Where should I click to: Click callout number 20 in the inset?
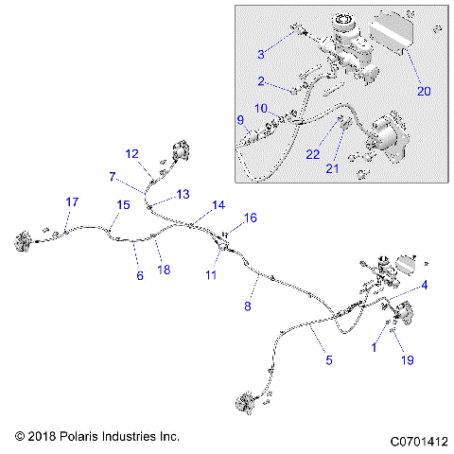tap(424, 92)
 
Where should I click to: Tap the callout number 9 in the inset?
tap(240, 120)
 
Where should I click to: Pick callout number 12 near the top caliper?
tap(131, 153)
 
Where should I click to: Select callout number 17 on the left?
tap(72, 202)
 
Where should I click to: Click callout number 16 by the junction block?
tap(251, 218)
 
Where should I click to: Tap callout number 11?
tap(213, 274)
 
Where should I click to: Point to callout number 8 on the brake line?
tap(249, 306)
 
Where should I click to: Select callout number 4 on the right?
tap(425, 285)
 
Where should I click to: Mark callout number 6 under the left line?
tap(140, 275)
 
